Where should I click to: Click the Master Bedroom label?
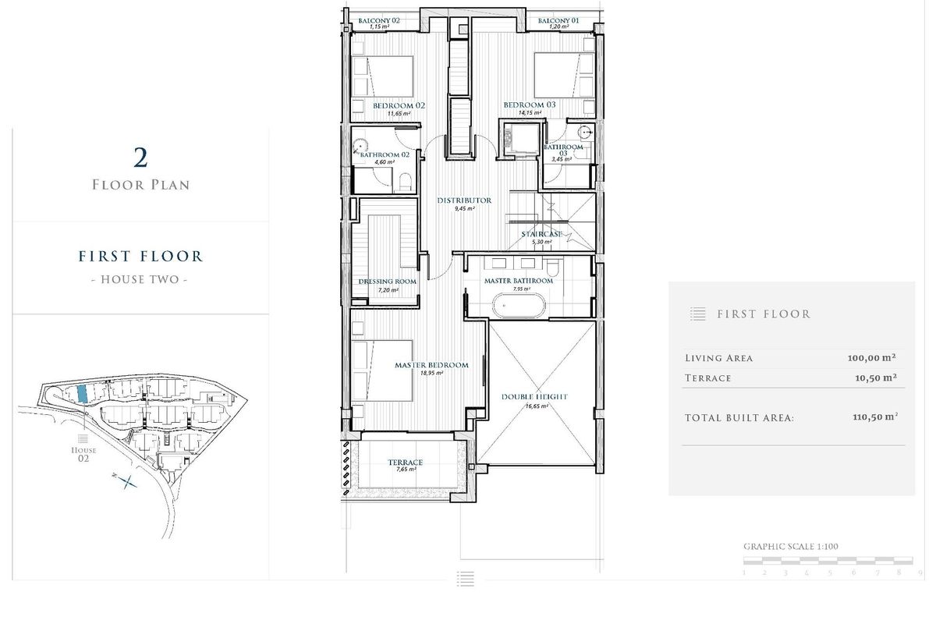431,365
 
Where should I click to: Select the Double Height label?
534,397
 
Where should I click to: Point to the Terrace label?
405,463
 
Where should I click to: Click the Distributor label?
463,200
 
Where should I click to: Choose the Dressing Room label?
387,282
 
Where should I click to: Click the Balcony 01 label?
559,20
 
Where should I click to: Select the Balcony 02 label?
378,20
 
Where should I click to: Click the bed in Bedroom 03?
564,75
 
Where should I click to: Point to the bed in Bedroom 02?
381,76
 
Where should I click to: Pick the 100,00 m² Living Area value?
871,359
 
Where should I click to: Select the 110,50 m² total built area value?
874,417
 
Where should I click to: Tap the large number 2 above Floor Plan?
140,158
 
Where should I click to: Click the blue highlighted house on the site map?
81,394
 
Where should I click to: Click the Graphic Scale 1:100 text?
790,547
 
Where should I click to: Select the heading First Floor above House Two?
140,256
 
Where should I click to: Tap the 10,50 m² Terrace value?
874,378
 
